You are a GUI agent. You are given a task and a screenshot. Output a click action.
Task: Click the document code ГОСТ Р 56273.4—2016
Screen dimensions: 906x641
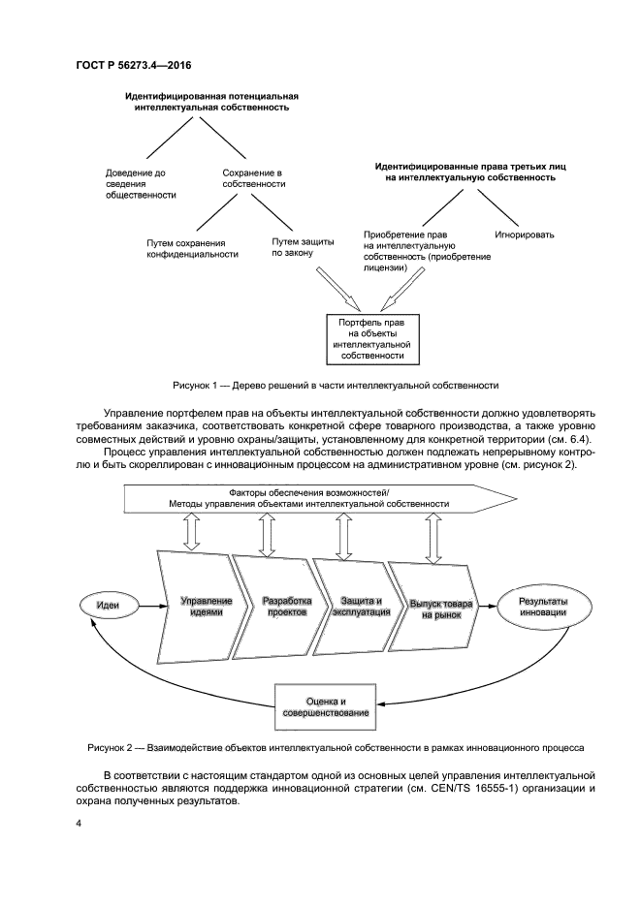[133, 66]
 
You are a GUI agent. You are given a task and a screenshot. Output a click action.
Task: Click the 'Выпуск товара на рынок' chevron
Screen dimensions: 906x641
[439, 608]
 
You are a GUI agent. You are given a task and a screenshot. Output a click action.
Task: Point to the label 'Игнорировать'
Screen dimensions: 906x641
[525, 234]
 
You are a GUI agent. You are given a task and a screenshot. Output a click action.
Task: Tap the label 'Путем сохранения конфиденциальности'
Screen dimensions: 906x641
[192, 248]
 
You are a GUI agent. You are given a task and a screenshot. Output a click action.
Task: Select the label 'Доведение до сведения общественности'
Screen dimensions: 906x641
[141, 183]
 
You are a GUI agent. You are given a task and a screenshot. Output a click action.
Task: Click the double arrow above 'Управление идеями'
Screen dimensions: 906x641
[191, 531]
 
